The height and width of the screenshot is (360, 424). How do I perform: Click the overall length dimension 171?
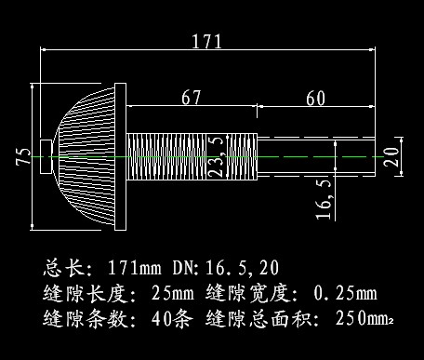coord(206,41)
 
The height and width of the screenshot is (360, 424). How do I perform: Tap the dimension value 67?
coord(191,97)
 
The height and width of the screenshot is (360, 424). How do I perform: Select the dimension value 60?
coord(315,97)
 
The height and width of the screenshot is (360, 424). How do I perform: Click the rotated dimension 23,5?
coord(217,154)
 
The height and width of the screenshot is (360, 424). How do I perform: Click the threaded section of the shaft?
coord(191,155)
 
